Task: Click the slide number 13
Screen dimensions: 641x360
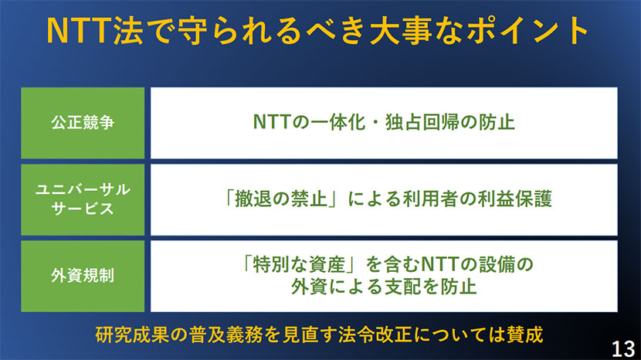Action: click(x=623, y=348)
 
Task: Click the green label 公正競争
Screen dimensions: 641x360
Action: click(x=83, y=123)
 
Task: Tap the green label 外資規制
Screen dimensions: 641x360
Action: click(x=83, y=276)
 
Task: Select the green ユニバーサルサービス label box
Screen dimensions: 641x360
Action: click(x=83, y=199)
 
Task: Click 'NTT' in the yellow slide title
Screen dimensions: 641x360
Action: click(x=80, y=31)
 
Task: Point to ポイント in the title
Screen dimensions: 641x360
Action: click(x=527, y=31)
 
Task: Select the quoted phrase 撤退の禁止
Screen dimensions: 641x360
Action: click(x=281, y=199)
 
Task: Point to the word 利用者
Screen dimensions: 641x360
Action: click(x=430, y=199)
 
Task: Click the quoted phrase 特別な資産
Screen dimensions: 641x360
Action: click(x=299, y=264)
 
